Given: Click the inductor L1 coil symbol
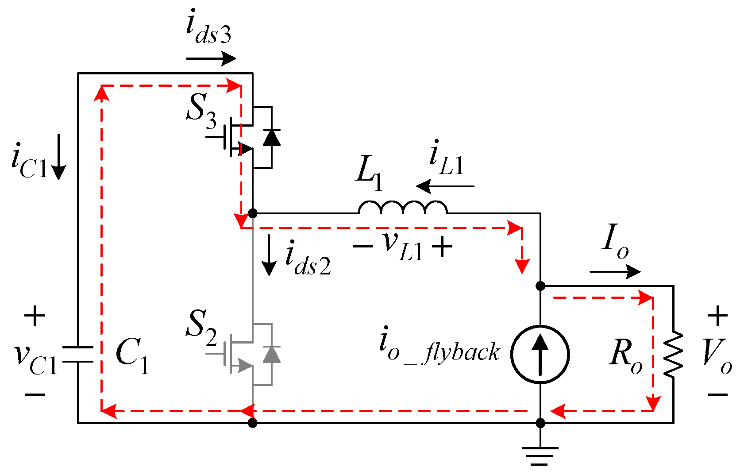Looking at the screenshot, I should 403,208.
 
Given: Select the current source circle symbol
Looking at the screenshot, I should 540,354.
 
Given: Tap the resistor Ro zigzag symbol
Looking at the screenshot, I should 673,355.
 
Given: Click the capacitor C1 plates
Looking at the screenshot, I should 78,354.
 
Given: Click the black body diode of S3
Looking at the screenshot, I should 271,137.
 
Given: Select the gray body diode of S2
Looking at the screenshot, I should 271,354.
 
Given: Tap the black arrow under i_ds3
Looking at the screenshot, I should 211,58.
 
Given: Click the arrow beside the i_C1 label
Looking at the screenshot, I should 58,164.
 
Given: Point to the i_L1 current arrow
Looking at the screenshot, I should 445,186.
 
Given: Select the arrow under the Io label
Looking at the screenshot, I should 615,271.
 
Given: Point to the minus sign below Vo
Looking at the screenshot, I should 717,394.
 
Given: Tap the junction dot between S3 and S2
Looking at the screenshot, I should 253,213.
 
